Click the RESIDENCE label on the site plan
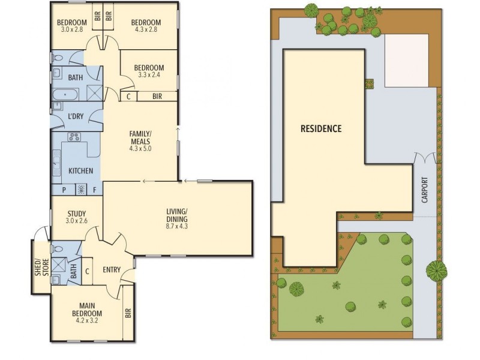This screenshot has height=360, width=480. point(321,128)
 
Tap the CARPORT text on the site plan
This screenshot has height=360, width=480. point(425,188)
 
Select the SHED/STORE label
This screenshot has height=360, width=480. point(40,266)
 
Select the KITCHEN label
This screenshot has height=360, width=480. point(80,171)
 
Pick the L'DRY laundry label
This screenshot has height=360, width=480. point(76,116)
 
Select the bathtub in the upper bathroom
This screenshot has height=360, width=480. point(65,95)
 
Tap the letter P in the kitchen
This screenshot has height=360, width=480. point(64,190)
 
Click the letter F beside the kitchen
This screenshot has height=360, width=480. point(94,190)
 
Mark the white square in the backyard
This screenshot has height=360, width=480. point(406,61)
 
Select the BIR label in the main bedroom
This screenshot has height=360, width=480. point(127,312)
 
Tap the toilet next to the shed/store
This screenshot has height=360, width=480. point(56,248)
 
